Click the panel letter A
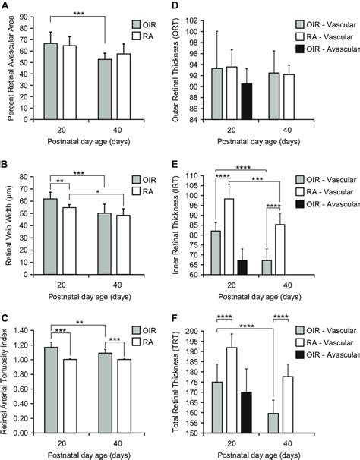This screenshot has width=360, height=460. pyautogui.click(x=5, y=8)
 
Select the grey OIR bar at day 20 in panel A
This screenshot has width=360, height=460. pyautogui.click(x=50, y=82)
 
